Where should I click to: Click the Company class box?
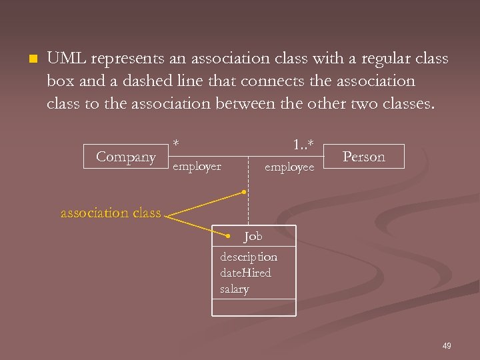point(125,157)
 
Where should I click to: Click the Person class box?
point(363,157)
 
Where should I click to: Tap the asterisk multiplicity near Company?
point(176,143)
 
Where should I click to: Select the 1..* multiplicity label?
point(303,143)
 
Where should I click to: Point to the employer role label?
point(197,167)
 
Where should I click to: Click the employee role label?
point(289,167)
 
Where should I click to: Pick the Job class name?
point(253,236)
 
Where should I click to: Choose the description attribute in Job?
point(249,257)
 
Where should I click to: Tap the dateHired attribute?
point(245,273)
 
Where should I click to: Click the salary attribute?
point(234,289)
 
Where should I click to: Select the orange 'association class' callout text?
point(111,213)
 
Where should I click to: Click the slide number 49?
point(447,345)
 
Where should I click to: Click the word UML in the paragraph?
point(66,59)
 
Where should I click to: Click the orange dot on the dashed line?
point(245,192)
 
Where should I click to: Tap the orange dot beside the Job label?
point(227,236)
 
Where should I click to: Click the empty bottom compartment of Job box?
point(253,307)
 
